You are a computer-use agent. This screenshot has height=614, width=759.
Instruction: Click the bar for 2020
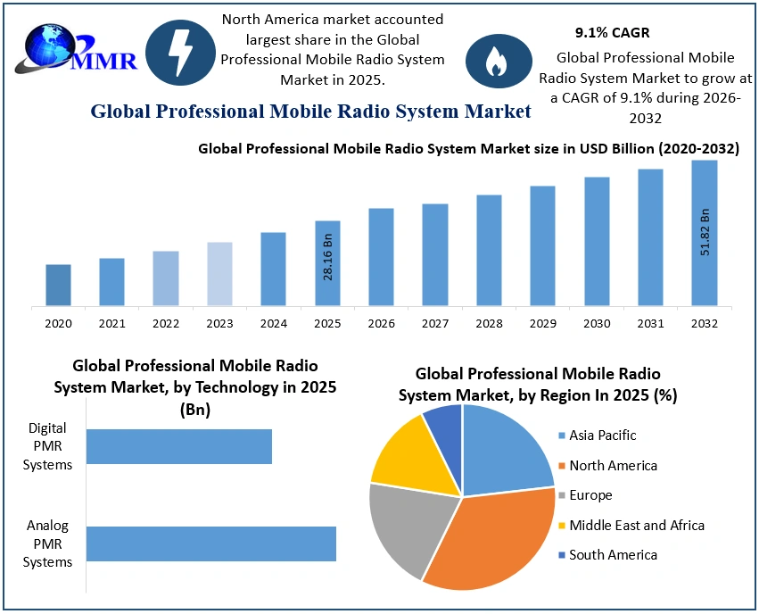[x=58, y=285]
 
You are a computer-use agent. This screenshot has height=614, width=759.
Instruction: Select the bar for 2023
[x=219, y=274]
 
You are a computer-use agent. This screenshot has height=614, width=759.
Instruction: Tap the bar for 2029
[x=542, y=245]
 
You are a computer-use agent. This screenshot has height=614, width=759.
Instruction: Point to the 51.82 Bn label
[x=705, y=233]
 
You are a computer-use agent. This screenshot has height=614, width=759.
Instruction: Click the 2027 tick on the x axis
[x=435, y=323]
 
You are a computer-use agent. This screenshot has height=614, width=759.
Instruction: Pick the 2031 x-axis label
[x=650, y=323]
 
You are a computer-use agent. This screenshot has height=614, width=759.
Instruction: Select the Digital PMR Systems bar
[x=178, y=446]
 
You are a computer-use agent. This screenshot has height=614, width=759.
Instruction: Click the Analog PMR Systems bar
[x=210, y=543]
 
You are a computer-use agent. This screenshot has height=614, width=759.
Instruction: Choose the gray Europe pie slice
[x=406, y=527]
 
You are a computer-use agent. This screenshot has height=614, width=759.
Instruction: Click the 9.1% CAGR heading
[x=611, y=33]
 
